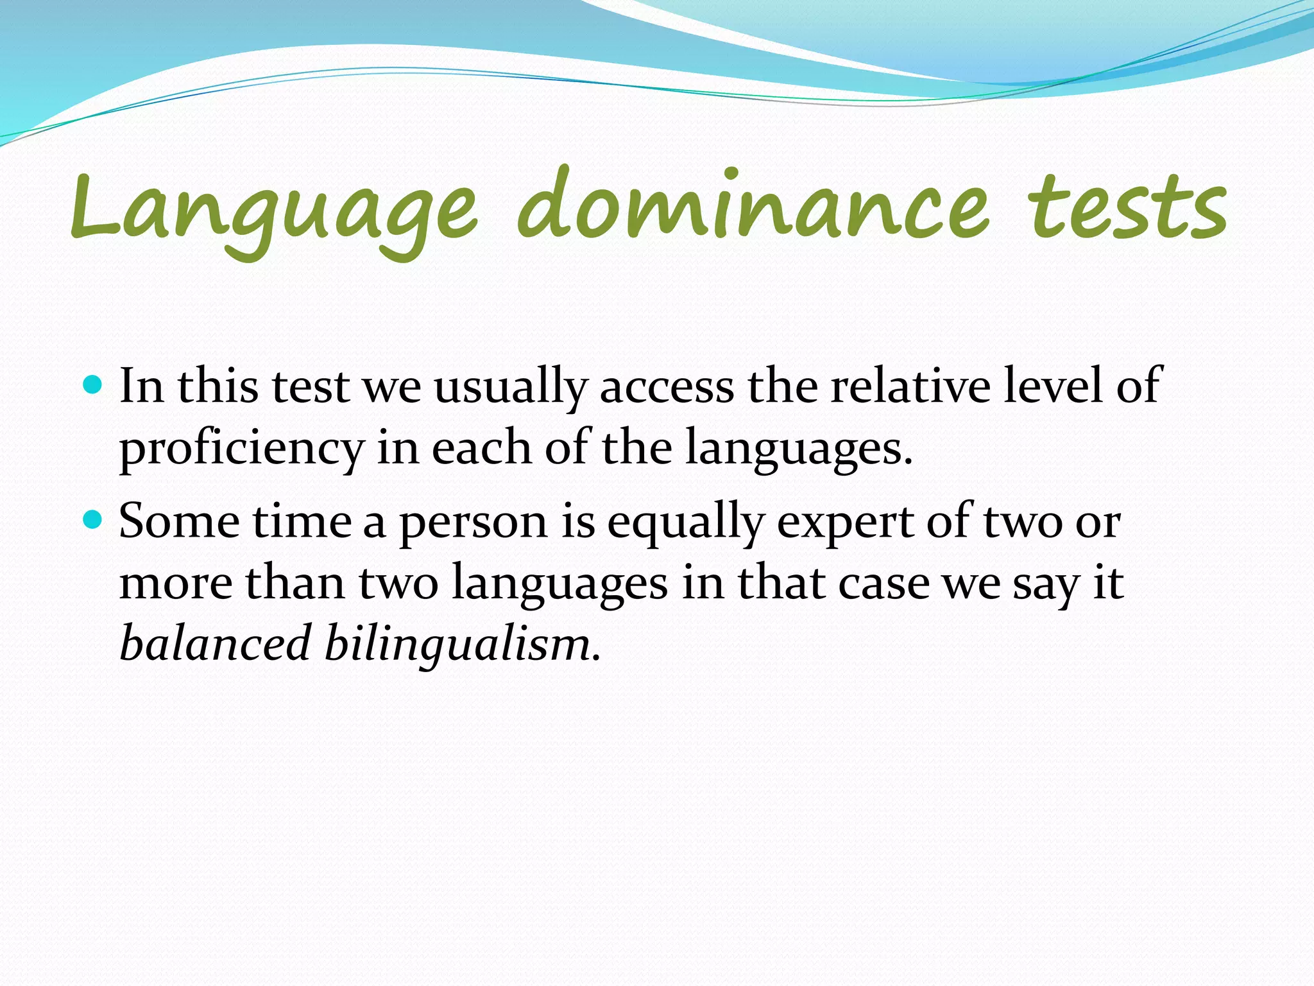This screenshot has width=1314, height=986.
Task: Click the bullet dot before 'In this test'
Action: click(94, 385)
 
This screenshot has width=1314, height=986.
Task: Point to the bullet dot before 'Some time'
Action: click(94, 519)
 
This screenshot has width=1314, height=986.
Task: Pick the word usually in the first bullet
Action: click(510, 387)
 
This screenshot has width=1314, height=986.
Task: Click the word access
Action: click(667, 387)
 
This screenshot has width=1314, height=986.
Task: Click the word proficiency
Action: click(242, 449)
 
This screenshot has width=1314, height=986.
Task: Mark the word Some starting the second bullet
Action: click(179, 521)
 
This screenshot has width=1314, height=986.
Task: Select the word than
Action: click(295, 582)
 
